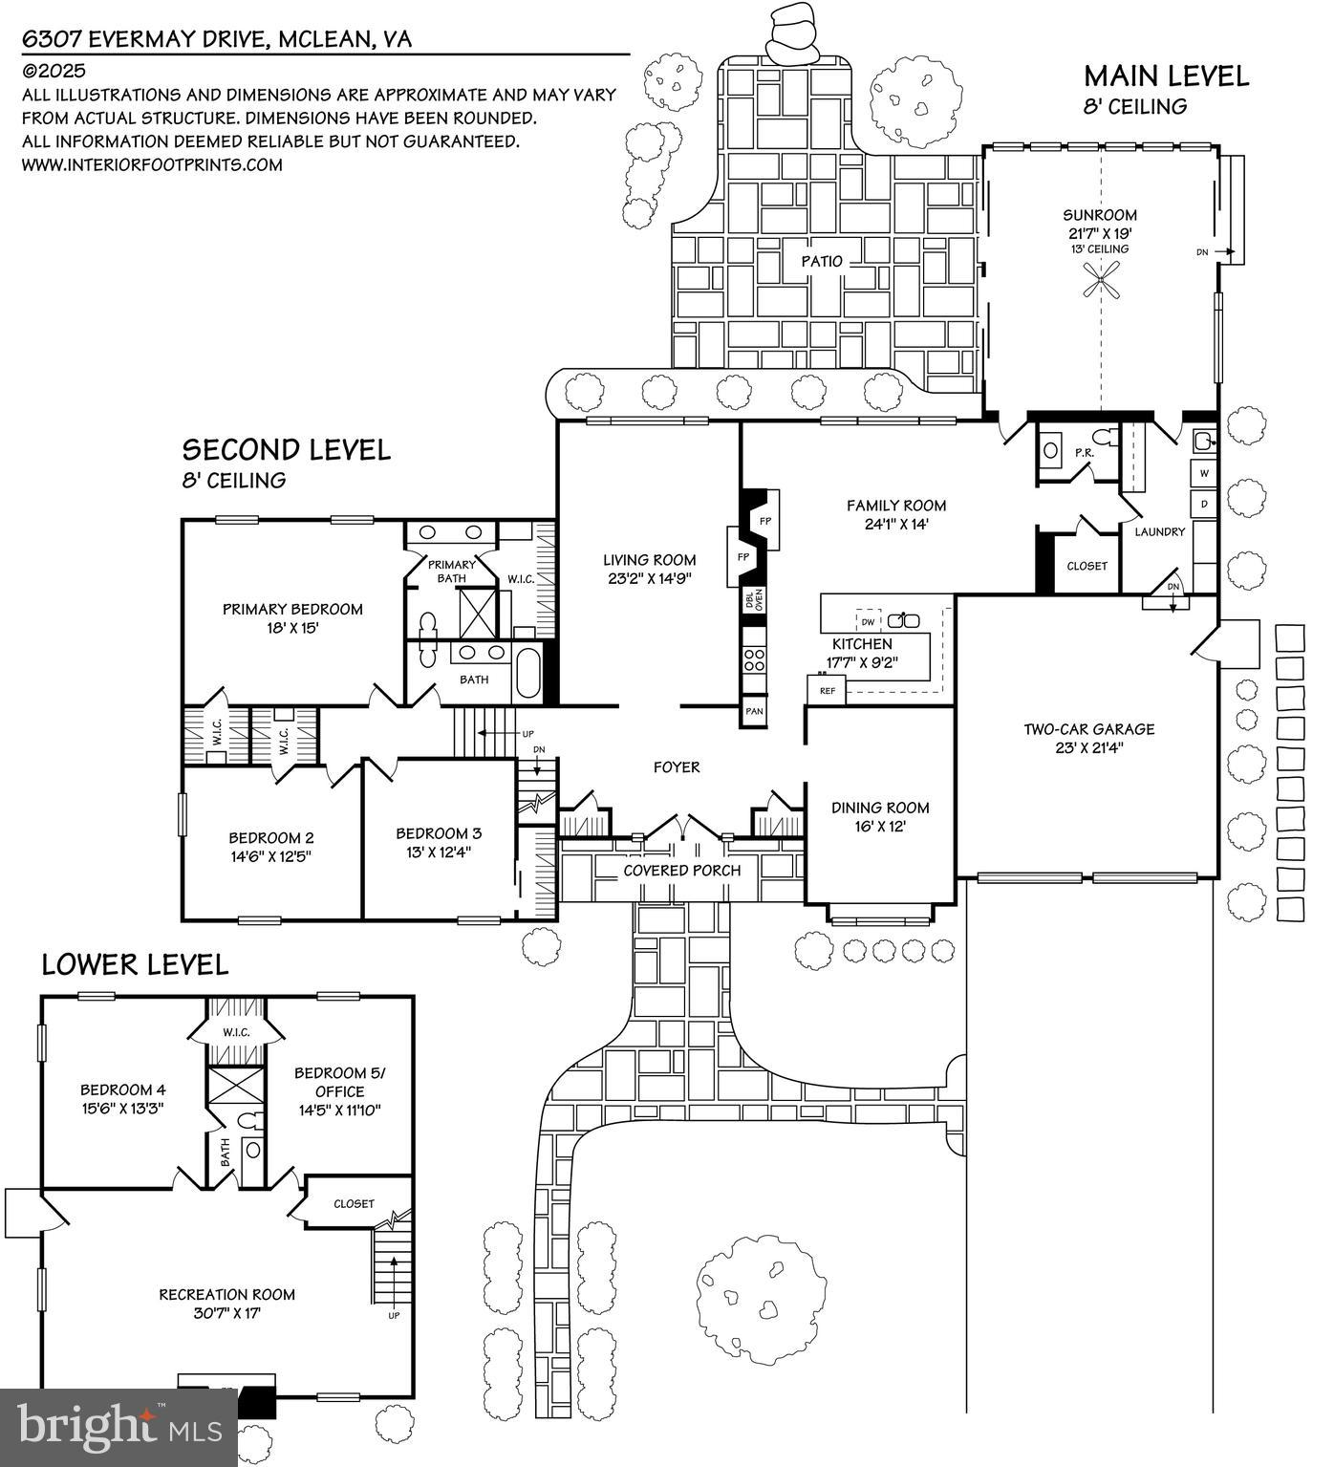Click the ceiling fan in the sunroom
[1102, 283]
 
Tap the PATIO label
[822, 261]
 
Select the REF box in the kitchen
[827, 690]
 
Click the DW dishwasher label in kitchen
[868, 621]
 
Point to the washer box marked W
[1203, 473]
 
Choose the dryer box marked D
[1203, 504]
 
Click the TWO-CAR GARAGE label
[1088, 729]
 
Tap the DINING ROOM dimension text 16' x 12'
[880, 827]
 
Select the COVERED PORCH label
[681, 871]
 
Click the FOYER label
[677, 766]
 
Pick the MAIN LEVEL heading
[1166, 76]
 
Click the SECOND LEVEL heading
[286, 449]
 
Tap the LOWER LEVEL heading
[135, 964]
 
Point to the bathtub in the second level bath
[528, 673]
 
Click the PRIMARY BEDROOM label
[292, 609]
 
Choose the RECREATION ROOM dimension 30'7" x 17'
[226, 1314]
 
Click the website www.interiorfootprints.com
[152, 164]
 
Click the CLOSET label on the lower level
[354, 1203]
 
